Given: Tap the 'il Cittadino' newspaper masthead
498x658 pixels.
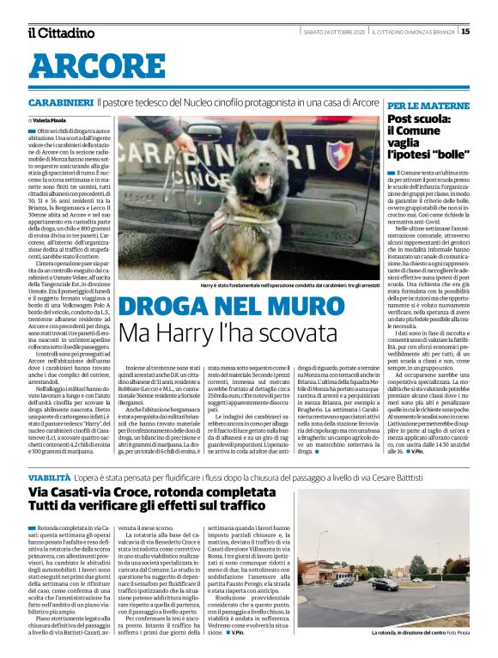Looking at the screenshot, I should (61, 34).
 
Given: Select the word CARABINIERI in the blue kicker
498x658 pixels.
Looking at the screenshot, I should (59, 102).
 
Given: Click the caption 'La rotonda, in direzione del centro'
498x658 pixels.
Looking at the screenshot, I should (410, 633).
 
